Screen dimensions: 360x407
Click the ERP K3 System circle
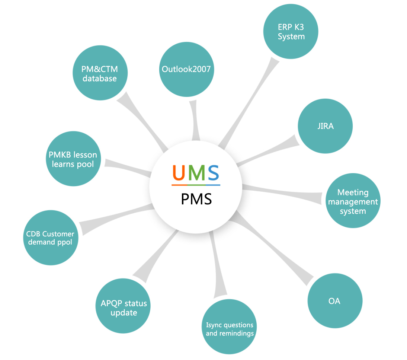click(x=291, y=32)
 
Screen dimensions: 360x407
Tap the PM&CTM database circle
click(x=100, y=74)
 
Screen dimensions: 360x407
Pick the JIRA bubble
click(x=325, y=126)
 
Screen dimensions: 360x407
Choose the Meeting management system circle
click(x=353, y=201)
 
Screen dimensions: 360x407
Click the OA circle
click(x=335, y=301)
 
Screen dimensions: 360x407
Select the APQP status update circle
click(x=124, y=308)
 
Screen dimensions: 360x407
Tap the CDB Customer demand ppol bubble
click(x=50, y=238)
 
